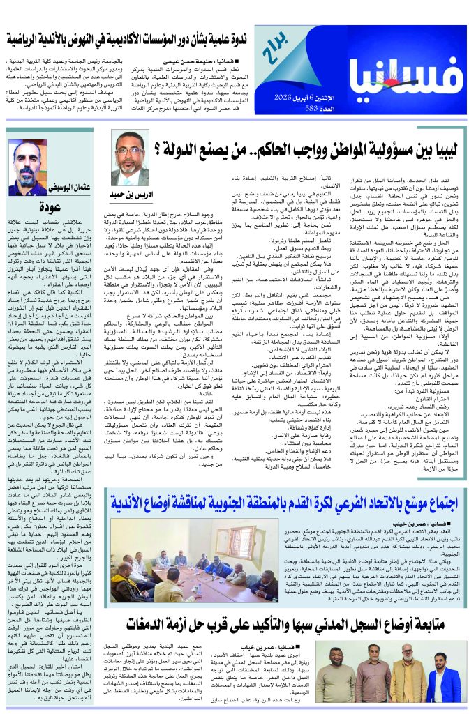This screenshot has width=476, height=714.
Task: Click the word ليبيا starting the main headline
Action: (437, 150)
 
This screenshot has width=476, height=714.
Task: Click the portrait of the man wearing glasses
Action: (130, 159)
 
